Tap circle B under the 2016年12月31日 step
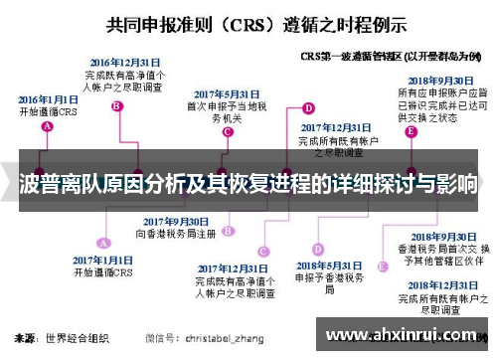click(x=116, y=104)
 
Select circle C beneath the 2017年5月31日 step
click(x=229, y=130)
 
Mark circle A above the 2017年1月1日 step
click(x=101, y=241)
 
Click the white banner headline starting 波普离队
click(x=248, y=185)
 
